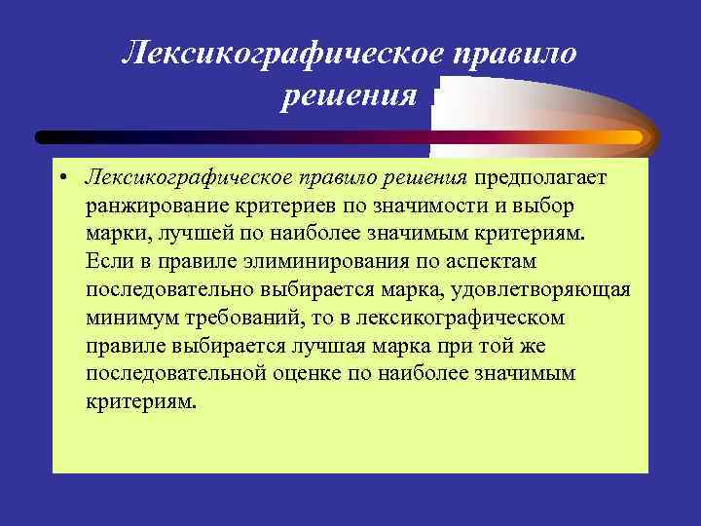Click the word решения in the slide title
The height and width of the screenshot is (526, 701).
pyautogui.click(x=350, y=96)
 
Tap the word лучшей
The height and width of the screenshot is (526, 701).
pyautogui.click(x=189, y=234)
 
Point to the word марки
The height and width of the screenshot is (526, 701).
pyautogui.click(x=114, y=234)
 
